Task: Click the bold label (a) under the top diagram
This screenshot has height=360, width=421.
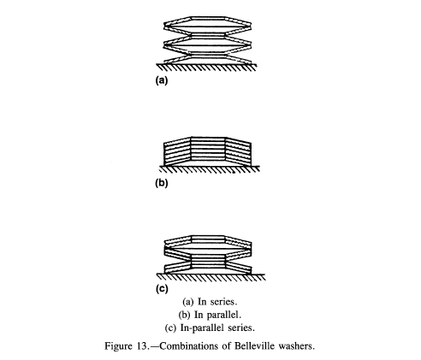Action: (162, 80)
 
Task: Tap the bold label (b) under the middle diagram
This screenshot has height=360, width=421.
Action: (162, 183)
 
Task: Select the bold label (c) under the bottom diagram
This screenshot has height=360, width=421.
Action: (162, 289)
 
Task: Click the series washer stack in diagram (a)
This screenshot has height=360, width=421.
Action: (208, 40)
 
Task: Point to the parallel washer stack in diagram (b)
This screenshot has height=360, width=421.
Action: (207, 151)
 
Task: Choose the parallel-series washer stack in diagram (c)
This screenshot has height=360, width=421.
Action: (208, 255)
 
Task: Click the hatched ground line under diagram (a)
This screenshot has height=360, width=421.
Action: (206, 68)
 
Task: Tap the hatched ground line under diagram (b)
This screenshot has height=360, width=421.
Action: (209, 169)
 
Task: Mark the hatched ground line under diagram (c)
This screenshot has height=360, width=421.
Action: (211, 277)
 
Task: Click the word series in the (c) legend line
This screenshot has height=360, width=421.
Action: (241, 328)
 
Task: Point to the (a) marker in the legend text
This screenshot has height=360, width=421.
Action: (188, 302)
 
